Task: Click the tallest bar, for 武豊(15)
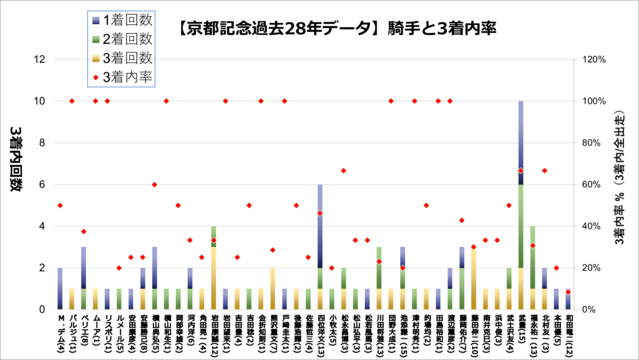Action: [x=520, y=206]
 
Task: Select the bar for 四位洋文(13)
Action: [x=320, y=246]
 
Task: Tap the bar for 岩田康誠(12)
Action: [x=214, y=268]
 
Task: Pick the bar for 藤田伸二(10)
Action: [x=474, y=278]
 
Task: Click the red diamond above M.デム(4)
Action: [x=60, y=205]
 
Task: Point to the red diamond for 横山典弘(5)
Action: [x=154, y=185]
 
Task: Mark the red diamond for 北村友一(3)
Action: [x=544, y=171]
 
